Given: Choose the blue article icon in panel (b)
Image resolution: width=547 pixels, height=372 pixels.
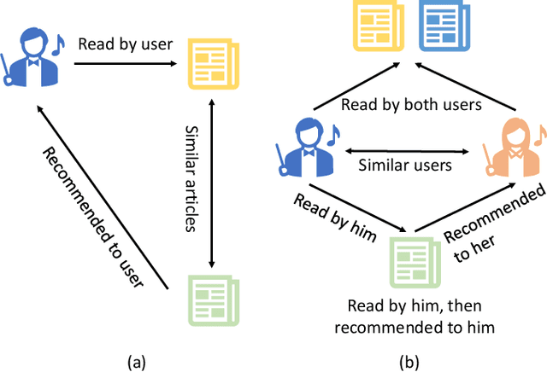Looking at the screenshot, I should [438, 25].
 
